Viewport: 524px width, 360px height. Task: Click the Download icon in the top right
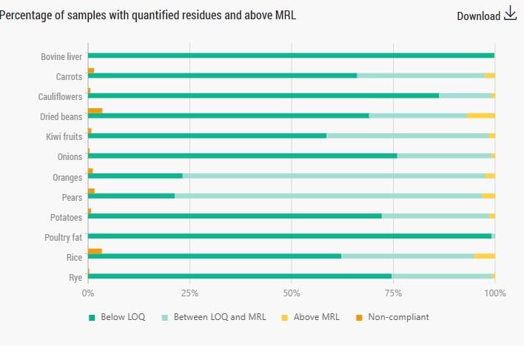pos(510,13)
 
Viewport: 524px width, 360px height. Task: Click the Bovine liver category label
pos(61,57)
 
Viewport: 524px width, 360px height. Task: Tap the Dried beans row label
pos(61,117)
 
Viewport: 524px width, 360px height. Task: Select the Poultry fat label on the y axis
pos(61,238)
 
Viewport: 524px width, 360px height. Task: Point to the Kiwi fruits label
pos(64,137)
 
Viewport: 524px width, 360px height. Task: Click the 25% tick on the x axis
pos(189,293)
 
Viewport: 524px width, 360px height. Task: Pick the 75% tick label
pos(393,293)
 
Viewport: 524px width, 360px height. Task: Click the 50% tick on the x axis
pos(292,293)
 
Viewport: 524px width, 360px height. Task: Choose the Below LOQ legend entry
pos(117,317)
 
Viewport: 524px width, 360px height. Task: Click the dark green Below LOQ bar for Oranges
pos(135,176)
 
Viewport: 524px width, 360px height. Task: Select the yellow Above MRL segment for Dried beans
pos(481,116)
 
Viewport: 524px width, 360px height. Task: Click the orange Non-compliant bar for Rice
pos(95,251)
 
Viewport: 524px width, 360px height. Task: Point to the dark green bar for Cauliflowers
pos(263,96)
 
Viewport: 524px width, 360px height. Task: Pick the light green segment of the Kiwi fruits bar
pos(407,136)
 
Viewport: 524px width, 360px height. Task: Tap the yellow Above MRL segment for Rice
pos(484,256)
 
